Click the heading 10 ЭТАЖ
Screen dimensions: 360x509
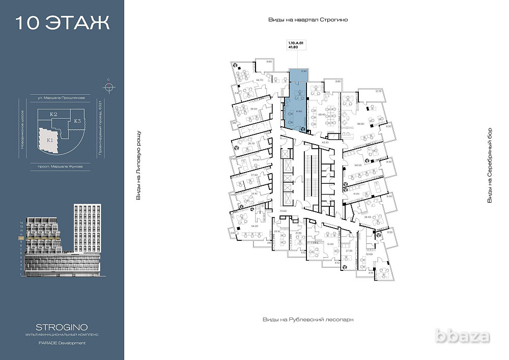(62, 23)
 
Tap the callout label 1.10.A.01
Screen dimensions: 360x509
(295, 44)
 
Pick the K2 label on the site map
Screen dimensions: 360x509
(53, 115)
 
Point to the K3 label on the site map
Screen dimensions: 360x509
(77, 121)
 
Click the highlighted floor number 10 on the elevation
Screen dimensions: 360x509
(21, 238)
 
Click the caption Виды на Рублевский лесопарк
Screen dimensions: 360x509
(307, 319)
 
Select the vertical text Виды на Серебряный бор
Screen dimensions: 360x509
(490, 165)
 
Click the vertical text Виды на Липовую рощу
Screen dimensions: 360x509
(138, 165)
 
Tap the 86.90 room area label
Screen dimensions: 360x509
(361, 123)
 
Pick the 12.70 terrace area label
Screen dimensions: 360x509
(378, 91)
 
